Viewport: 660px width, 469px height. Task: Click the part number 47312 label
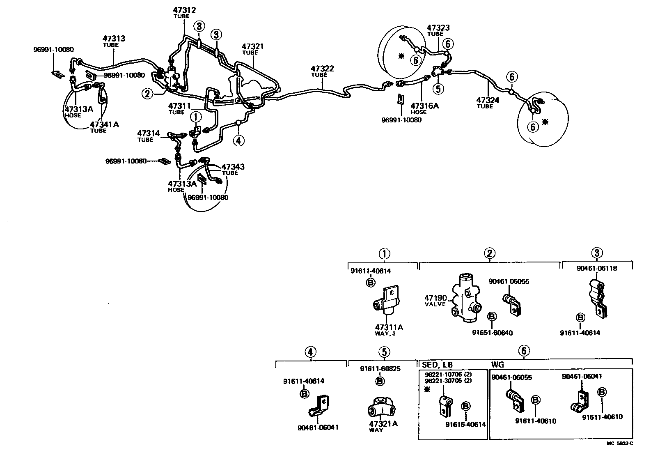184,10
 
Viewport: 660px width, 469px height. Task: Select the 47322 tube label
322,69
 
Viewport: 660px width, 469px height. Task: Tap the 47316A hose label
424,106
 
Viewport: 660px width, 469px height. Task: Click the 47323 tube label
438,28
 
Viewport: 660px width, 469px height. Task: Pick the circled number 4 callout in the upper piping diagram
238,140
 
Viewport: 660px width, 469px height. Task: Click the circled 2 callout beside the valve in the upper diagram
147,94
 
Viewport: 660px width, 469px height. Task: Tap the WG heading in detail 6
497,364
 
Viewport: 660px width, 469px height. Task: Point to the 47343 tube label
233,167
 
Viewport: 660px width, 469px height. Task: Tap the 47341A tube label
104,124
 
